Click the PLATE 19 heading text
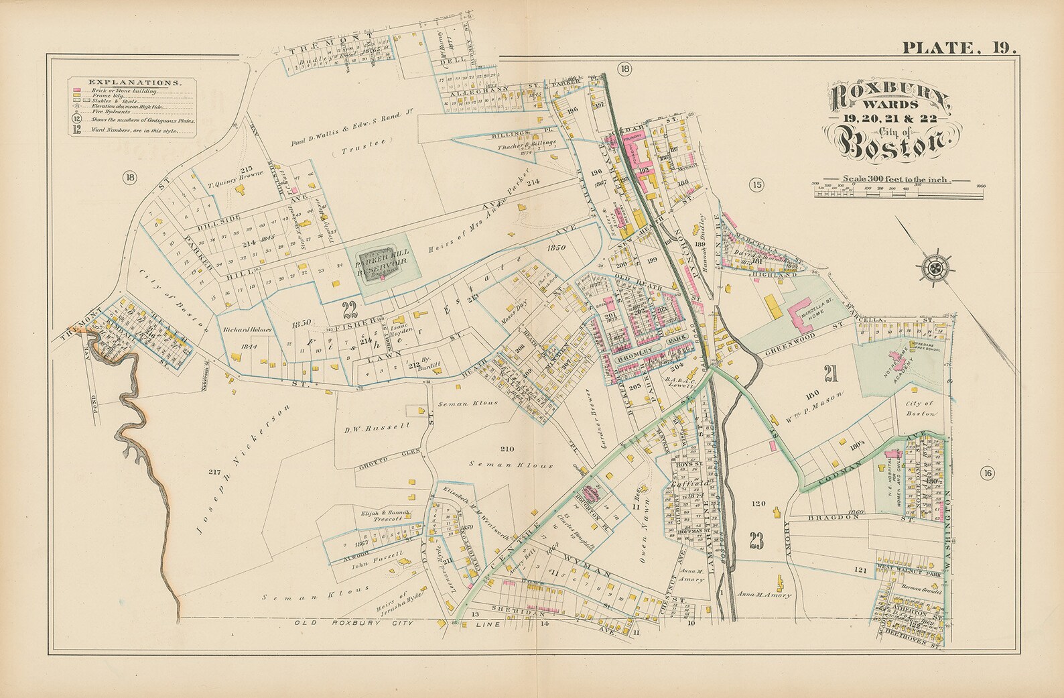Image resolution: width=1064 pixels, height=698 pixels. pos(959,48)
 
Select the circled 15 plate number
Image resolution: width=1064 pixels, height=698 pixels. pos(756,186)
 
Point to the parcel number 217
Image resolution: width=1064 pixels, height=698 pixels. pos(214,473)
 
